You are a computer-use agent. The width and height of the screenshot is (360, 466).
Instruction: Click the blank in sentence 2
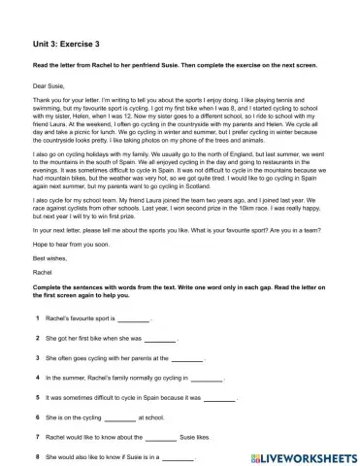click(x=160, y=339)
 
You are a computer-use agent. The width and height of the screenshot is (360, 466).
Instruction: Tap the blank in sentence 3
click(x=206, y=358)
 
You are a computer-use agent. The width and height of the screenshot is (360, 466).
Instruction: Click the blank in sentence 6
click(x=120, y=418)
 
